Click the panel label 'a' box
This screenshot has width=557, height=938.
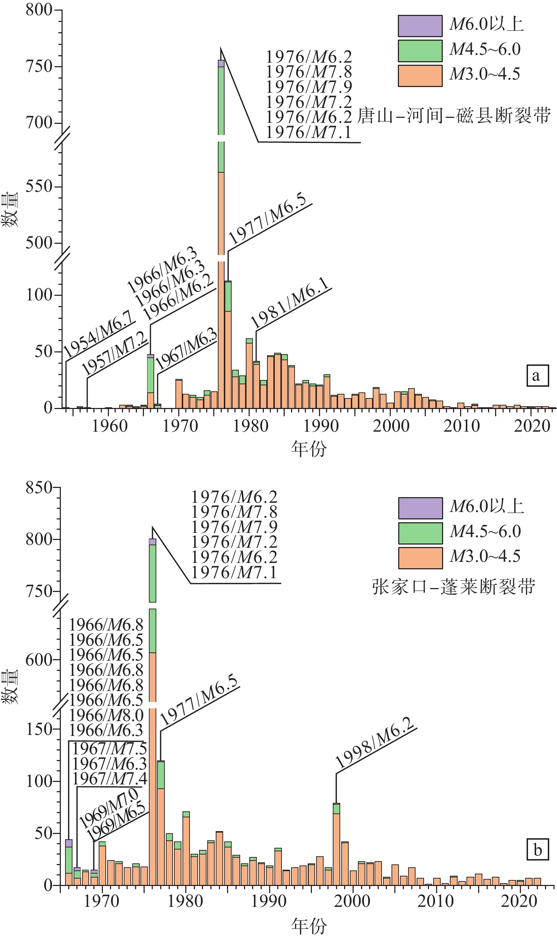pos(537,375)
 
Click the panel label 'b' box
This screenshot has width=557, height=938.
pos(538,850)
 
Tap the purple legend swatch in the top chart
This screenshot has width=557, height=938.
pos(420,26)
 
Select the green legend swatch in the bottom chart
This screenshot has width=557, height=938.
pos(420,533)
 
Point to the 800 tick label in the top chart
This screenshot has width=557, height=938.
pos(39,10)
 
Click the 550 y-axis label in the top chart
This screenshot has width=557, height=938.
pos(39,186)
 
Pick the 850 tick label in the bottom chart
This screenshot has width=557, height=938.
pos(39,488)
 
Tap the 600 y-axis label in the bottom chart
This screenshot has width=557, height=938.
pos(39,660)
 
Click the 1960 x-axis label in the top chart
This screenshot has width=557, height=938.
pos(110,426)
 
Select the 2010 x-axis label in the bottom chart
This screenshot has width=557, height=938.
pos(435,901)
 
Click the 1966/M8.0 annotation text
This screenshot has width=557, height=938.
pos(106,715)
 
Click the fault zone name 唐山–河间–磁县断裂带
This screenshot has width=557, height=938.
pos(454,115)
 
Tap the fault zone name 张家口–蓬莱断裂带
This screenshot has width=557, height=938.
pos(453,587)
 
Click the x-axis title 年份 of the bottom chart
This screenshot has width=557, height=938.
pos(308,926)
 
